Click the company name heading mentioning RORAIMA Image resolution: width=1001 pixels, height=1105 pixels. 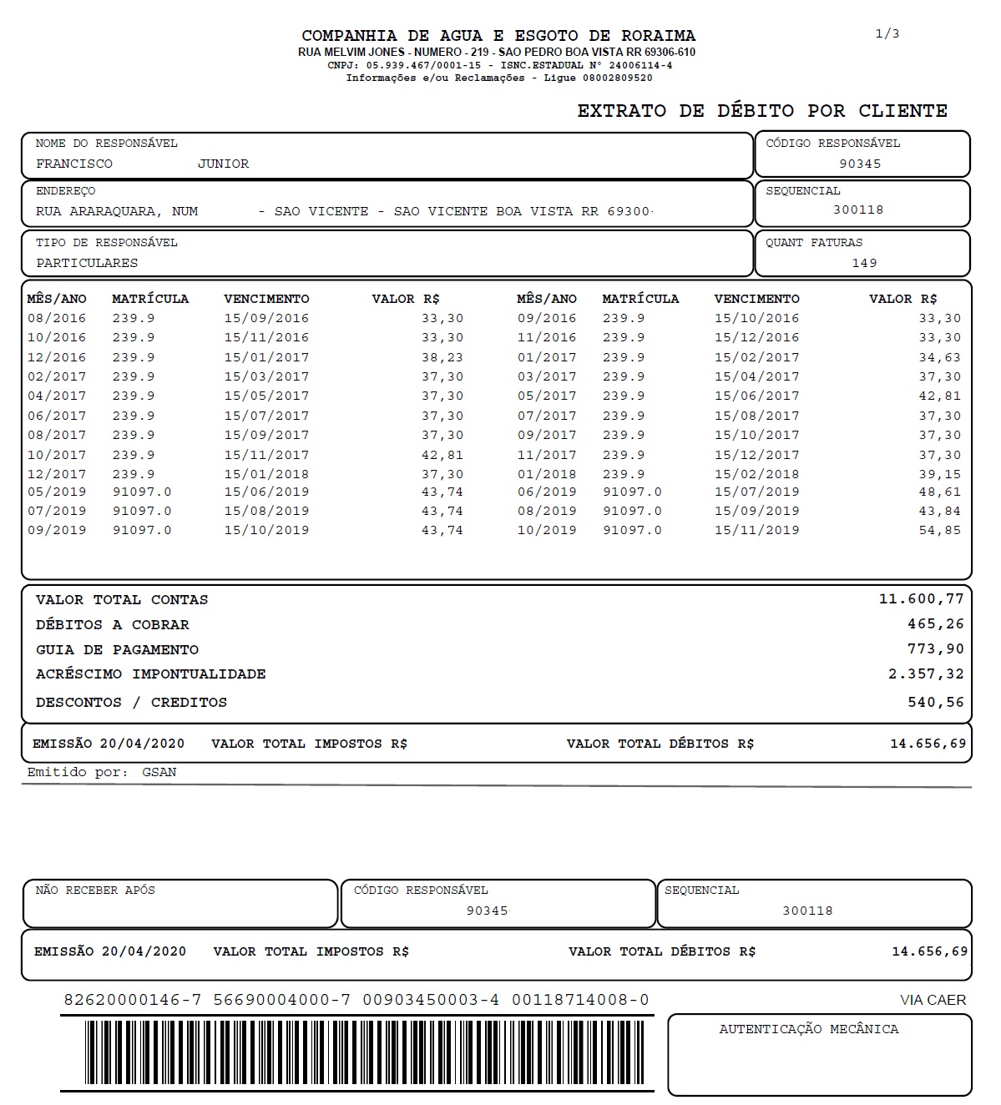coord(498,36)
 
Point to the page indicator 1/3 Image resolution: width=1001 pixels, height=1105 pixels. coord(887,33)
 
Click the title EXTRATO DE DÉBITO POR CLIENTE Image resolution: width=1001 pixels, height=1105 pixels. coord(762,111)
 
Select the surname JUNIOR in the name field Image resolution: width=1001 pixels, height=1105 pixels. coord(223,164)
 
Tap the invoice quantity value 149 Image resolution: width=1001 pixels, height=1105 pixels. coord(864,263)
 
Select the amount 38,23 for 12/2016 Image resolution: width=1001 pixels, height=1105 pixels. coord(442,357)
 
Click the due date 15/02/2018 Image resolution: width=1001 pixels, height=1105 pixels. coord(756,474)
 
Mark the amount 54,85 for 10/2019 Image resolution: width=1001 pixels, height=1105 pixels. coord(939,530)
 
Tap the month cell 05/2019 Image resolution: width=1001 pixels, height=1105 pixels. coord(57,492)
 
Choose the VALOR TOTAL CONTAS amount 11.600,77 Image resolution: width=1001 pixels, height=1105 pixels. coord(921,599)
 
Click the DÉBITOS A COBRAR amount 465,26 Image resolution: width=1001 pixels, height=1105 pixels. coord(935,624)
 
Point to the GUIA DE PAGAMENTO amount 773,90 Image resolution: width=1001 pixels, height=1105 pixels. coord(935,649)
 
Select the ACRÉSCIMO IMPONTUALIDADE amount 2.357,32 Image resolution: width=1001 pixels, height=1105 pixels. coord(926,674)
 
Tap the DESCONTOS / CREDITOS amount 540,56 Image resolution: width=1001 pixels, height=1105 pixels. coord(935,702)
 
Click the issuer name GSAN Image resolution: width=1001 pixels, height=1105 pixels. coord(159,772)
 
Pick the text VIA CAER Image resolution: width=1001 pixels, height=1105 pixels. coord(933,1000)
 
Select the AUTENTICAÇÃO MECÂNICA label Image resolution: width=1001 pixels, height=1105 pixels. coord(808,1029)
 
